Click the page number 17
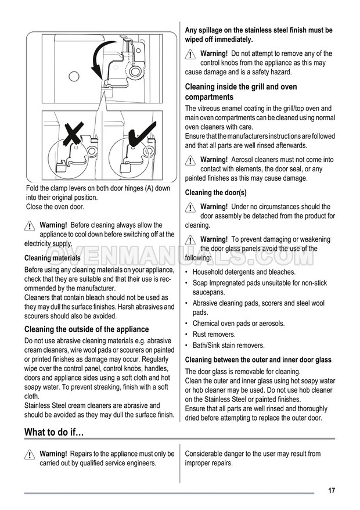[331, 491]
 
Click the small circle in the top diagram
[73, 76]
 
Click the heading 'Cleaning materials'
[52, 258]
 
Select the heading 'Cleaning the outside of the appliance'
[87, 329]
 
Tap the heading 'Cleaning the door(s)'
[215, 192]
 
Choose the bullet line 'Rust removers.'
[214, 335]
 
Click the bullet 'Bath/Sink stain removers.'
[228, 345]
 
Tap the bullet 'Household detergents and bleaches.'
[244, 272]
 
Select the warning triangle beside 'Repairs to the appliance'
[30, 455]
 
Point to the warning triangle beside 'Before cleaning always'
[30, 226]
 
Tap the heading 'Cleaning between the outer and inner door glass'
[258, 360]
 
